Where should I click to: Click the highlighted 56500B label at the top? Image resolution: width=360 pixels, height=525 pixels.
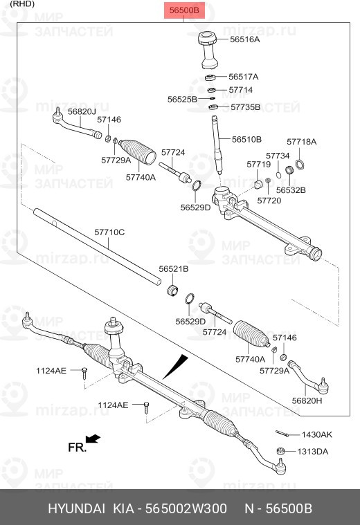[x=184, y=10]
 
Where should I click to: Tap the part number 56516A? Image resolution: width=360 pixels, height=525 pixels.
[x=244, y=39]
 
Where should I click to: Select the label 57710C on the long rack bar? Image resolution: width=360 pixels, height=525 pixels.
[x=109, y=232]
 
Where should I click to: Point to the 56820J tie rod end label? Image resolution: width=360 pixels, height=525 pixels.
[x=82, y=111]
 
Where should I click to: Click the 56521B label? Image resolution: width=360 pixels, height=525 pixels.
[x=174, y=269]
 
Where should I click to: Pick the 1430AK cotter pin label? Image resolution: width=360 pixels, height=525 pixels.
[x=317, y=434]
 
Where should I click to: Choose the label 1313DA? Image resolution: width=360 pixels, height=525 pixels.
[x=313, y=452]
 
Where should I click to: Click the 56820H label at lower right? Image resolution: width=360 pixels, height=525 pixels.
[x=307, y=400]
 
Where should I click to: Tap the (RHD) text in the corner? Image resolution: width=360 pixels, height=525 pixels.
[x=23, y=4]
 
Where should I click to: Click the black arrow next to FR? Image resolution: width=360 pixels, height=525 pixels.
[x=93, y=439]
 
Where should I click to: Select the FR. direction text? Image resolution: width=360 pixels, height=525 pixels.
[x=77, y=448]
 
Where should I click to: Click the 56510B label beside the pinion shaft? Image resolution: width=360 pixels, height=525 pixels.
[x=246, y=139]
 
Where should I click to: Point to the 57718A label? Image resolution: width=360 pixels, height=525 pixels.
[x=301, y=142]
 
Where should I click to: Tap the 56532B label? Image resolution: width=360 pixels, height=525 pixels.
[x=291, y=190]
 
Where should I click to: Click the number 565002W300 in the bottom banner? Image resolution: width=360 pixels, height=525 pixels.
[x=186, y=508]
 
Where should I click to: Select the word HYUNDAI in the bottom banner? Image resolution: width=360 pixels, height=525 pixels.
[x=76, y=508]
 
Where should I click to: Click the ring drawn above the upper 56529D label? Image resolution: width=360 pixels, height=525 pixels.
[x=197, y=185]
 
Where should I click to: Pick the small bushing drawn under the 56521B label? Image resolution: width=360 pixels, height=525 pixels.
[x=172, y=290]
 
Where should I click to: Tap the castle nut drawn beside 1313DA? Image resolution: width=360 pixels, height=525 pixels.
[x=281, y=451]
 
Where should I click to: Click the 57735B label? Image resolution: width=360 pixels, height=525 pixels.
[x=245, y=107]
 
